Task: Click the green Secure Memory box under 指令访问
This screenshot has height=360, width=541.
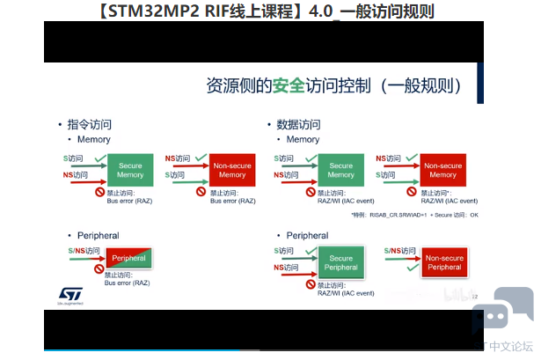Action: (x=130, y=170)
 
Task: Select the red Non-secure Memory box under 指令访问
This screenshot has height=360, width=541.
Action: (x=232, y=170)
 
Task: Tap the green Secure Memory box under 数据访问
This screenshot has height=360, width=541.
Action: (x=340, y=170)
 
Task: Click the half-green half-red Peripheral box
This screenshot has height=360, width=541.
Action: (x=128, y=258)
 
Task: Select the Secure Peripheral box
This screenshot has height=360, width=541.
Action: (x=340, y=262)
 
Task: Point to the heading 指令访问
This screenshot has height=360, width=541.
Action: (x=91, y=124)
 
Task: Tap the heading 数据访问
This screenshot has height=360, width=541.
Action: (x=298, y=124)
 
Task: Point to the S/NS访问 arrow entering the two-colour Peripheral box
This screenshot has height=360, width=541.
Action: (x=85, y=256)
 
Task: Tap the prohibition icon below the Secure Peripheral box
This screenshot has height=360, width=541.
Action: (x=310, y=285)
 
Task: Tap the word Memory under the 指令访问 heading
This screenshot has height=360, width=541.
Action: (x=94, y=139)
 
